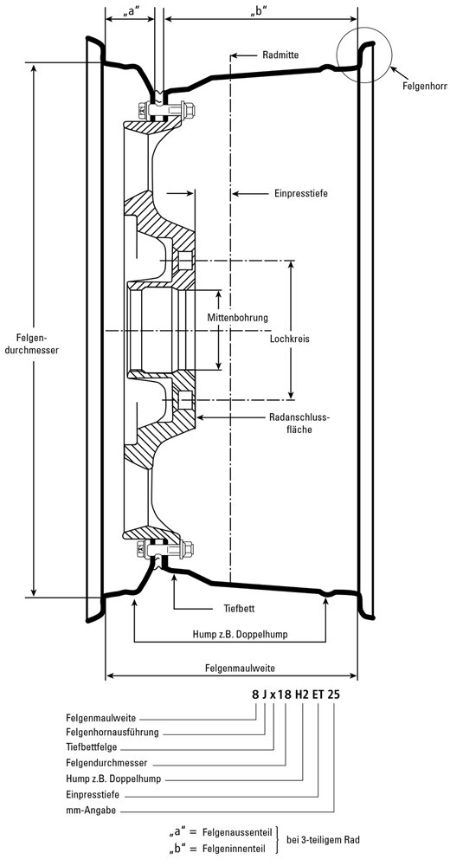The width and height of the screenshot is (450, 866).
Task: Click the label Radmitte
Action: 280,55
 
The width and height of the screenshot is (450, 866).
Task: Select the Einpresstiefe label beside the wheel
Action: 301,194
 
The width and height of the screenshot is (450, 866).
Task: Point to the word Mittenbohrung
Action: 237,318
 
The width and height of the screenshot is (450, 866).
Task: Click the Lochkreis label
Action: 290,339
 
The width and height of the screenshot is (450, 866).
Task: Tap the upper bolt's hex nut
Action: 188,111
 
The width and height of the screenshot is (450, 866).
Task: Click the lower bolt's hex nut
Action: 187,550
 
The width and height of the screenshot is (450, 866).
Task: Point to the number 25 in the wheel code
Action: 333,695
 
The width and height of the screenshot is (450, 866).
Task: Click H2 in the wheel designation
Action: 302,695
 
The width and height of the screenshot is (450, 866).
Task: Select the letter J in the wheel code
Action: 265,695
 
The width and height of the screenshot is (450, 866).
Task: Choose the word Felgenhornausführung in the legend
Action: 112,733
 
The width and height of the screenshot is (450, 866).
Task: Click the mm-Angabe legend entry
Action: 91,811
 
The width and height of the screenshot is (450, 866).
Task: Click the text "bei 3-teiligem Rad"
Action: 323,840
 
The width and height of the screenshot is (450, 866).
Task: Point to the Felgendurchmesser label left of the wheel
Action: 31,344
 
